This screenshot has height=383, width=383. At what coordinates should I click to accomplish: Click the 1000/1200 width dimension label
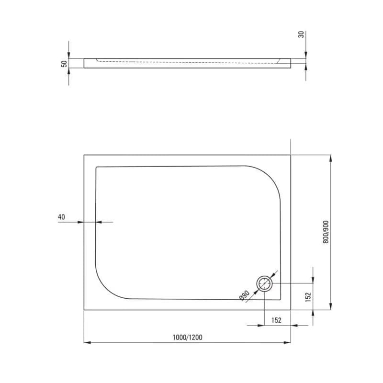coord(188,338)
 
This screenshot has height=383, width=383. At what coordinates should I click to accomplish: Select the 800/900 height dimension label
coord(326,232)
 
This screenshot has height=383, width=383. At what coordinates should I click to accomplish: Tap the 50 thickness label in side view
coord(64,64)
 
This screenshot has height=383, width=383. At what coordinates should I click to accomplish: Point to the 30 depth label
coord(302,34)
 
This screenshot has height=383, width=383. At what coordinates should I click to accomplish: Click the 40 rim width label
coord(61,217)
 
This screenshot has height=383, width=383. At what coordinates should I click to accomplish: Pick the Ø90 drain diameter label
coord(244,295)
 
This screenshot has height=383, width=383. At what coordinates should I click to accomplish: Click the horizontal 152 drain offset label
coord(277,320)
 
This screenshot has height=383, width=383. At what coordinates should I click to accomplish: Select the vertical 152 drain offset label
coord(308,297)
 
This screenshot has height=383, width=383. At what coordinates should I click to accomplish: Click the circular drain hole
coord(265,283)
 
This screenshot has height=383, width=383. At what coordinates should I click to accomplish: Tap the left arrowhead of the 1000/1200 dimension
coord(87,342)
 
